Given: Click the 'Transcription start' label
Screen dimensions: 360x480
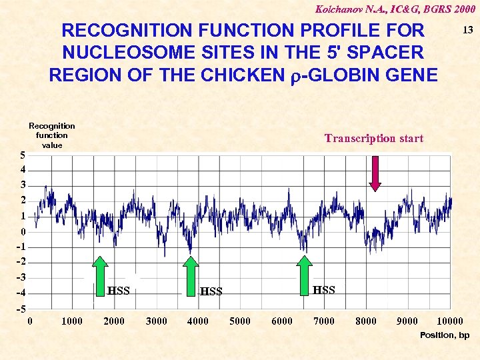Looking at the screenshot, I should coord(373,139).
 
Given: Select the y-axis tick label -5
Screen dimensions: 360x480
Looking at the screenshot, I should coord(21,309).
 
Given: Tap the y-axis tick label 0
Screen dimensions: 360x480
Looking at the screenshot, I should coord(23,232).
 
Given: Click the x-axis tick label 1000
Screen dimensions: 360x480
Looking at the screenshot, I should coord(72,321).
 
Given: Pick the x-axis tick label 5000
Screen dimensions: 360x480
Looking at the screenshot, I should coord(240,321).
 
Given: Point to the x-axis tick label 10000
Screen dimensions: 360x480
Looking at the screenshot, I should coord(450,321).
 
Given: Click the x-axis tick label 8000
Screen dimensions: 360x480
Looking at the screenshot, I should coord(366,321).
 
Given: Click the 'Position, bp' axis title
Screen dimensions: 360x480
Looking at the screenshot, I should coord(445,335).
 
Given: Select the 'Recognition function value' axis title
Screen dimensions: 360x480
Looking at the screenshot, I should coord(52,135).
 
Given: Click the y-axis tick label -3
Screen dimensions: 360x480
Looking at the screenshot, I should coord(21,277).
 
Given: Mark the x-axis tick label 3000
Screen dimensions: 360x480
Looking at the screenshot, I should coord(156,321).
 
